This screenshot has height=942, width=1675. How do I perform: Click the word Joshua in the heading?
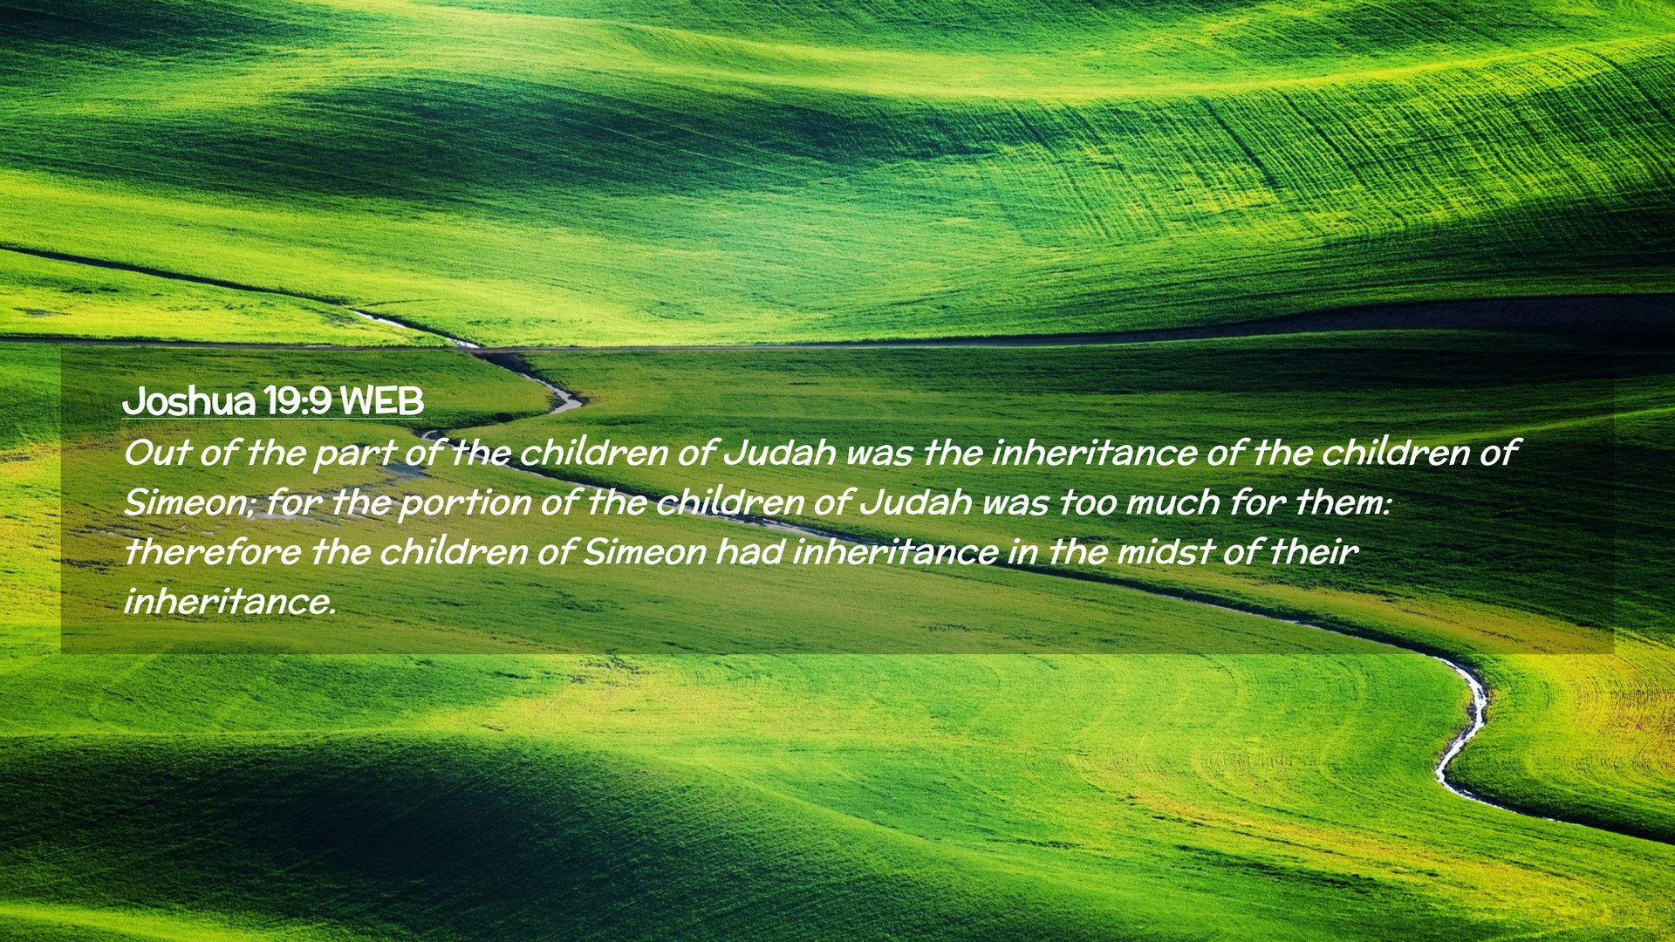click(188, 401)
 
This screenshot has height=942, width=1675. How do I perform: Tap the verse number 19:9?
click(297, 401)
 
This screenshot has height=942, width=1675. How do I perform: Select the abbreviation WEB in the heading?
click(381, 401)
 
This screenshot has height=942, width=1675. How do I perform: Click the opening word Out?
click(156, 453)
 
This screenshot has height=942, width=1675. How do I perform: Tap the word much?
click(1172, 502)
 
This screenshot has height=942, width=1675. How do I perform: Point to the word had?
click(749, 552)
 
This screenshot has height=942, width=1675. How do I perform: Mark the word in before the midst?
click(1022, 552)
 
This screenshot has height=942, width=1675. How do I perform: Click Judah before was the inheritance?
click(779, 453)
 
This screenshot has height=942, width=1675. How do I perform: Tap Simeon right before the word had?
click(644, 552)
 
